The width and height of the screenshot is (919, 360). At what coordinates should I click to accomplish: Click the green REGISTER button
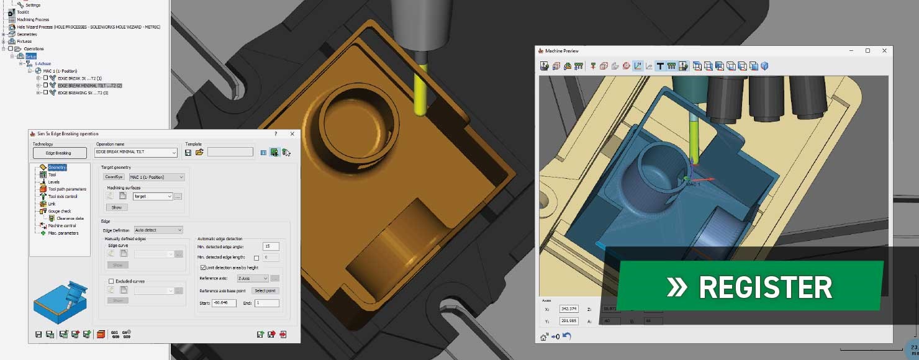coord(749,287)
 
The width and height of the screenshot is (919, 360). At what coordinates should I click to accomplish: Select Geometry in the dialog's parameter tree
coord(57,168)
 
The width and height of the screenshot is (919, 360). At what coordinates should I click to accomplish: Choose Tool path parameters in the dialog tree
coord(67,189)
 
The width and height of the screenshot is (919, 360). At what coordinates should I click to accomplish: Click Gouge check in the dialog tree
coord(60,211)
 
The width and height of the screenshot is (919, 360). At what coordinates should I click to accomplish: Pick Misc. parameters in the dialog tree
coord(63,233)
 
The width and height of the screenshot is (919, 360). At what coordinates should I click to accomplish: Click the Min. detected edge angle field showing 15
coord(270,246)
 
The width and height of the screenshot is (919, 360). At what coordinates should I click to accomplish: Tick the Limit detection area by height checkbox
coord(203,268)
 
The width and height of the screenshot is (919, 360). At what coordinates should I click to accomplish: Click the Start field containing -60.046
coord(224,303)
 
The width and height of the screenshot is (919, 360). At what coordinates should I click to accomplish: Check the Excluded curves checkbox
coord(111,281)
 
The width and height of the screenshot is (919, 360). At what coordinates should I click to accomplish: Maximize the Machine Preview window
coord(867,51)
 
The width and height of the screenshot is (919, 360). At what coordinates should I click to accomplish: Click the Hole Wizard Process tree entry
coord(88,27)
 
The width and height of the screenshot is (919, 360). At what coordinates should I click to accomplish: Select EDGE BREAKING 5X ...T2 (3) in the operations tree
coord(83,93)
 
